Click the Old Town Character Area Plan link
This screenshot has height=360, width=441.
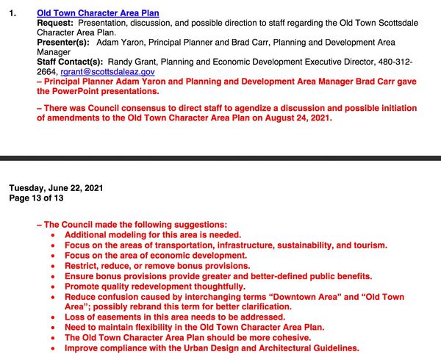pyautogui.click(x=97, y=13)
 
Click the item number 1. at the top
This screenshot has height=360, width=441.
pyautogui.click(x=12, y=13)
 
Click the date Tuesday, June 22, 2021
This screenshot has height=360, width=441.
pyautogui.click(x=56, y=188)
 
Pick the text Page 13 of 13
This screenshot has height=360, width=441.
pyautogui.click(x=37, y=198)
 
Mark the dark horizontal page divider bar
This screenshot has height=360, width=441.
pyautogui.click(x=220, y=158)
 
